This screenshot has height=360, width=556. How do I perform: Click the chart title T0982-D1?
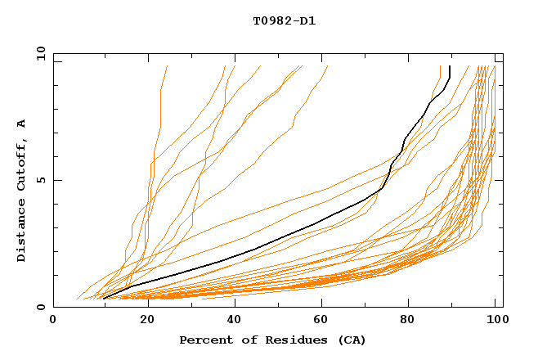coord(284,20)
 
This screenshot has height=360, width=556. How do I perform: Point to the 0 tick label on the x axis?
coord(54,321)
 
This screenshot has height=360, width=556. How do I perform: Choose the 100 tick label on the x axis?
coord(494,321)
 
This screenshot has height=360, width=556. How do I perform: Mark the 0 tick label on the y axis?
coord(41,308)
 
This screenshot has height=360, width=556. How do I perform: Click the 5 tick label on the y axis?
coord(41,180)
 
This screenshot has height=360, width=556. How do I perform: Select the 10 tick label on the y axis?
coord(38,53)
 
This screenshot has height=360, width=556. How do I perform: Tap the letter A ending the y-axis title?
coord(22,124)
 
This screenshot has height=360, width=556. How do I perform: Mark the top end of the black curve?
coord(450,66)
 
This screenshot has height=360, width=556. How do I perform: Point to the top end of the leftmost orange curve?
coord(167,66)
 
